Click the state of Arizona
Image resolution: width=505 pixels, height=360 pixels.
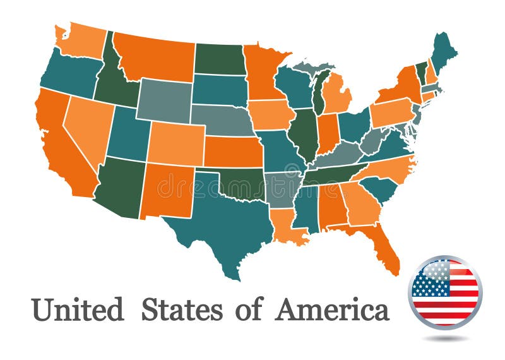tap(120, 186)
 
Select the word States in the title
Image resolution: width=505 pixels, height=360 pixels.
tap(181, 310)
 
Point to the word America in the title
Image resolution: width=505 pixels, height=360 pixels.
tap(331, 310)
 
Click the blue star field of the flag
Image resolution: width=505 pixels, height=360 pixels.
tap(430, 279)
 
